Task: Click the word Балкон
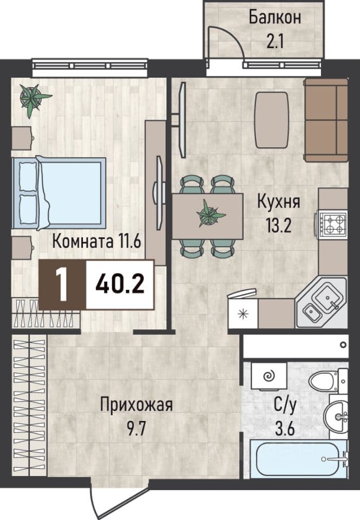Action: coord(275,17)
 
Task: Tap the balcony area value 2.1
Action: coord(275,42)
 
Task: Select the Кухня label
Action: coord(278,201)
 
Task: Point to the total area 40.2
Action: coord(120,284)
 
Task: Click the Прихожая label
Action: coord(136,405)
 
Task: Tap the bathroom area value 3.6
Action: coord(285,430)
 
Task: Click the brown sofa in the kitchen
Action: coord(326,120)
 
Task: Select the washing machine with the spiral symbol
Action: coord(269,376)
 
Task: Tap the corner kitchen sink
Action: coord(322,302)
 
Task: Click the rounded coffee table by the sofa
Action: coord(272,120)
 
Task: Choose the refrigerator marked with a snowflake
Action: coord(243,313)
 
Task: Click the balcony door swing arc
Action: coord(229,36)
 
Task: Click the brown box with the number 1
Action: coord(62,284)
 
